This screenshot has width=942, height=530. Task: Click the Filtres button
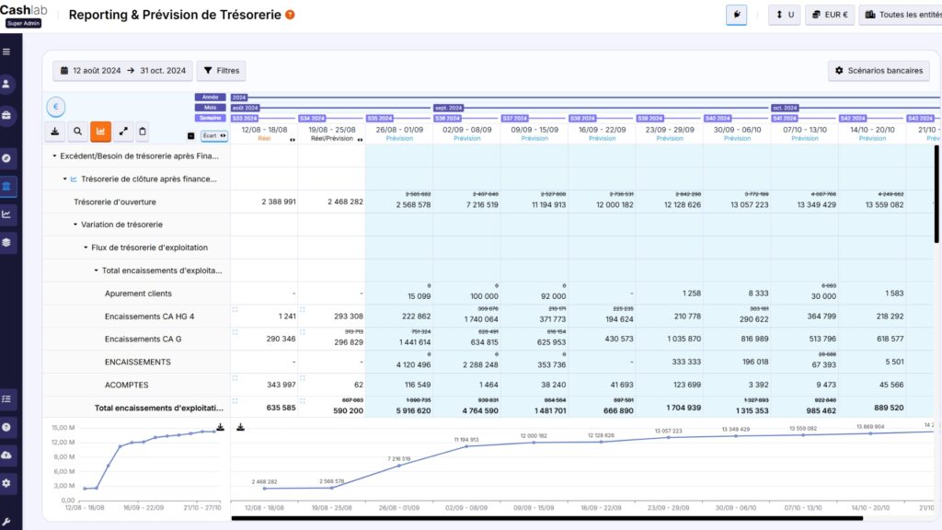click(221, 70)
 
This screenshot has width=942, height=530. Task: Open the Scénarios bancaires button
click(879, 70)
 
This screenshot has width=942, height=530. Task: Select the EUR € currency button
click(829, 15)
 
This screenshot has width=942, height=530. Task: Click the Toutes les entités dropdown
click(900, 15)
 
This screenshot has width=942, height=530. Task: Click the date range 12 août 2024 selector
click(121, 70)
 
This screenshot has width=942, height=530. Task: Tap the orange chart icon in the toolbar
click(100, 132)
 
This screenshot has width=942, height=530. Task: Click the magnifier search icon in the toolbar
click(77, 132)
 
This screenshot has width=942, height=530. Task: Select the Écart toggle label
click(213, 135)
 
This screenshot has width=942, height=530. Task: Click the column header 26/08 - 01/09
click(399, 130)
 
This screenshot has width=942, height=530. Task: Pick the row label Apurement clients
click(138, 294)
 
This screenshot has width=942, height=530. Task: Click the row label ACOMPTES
click(126, 385)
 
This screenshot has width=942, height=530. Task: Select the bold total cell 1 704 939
click(681, 408)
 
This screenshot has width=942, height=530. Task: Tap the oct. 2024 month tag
click(785, 108)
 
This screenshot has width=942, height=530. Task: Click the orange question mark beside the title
click(290, 15)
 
